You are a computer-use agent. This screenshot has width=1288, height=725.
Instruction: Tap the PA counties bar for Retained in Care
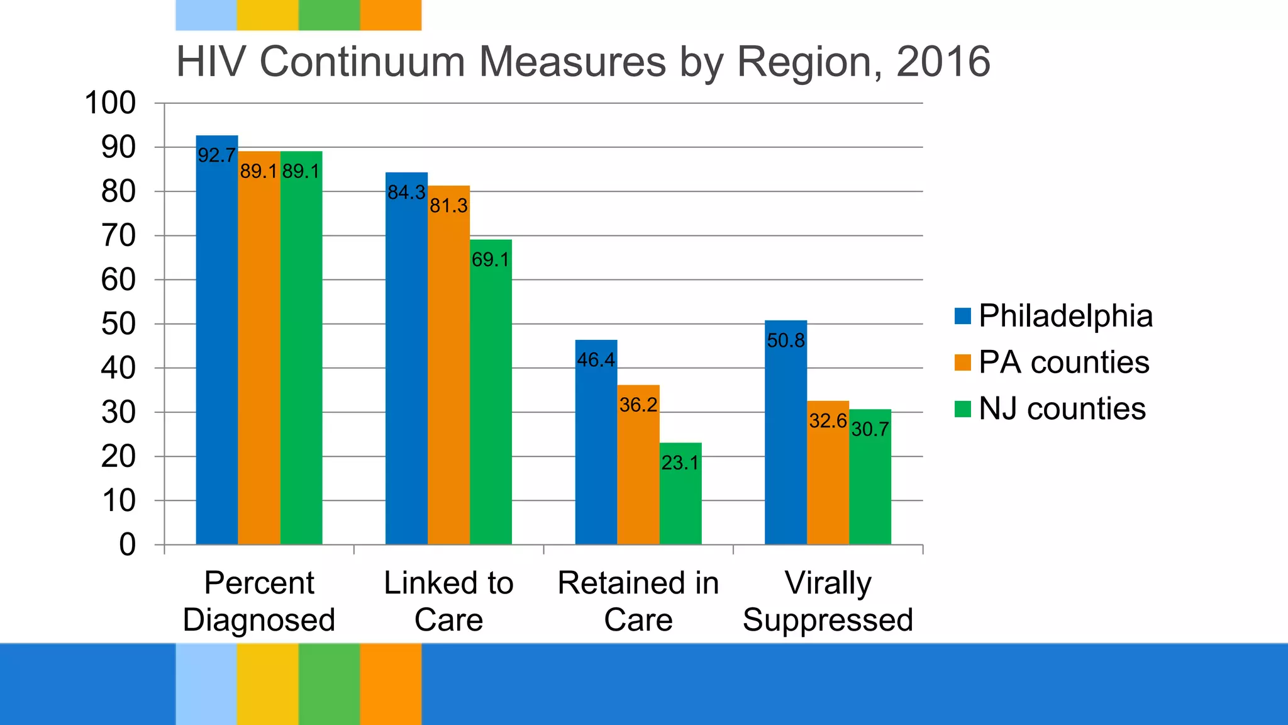click(x=638, y=472)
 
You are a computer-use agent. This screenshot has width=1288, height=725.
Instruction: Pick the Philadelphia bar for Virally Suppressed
click(x=786, y=441)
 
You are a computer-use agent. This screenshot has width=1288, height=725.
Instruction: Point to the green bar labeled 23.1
click(x=680, y=497)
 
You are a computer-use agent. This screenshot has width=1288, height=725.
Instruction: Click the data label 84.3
click(x=406, y=193)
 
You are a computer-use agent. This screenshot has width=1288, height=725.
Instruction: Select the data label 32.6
click(x=828, y=420)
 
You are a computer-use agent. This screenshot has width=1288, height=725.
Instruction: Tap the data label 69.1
click(x=491, y=259)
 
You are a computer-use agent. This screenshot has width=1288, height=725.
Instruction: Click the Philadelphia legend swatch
click(x=962, y=316)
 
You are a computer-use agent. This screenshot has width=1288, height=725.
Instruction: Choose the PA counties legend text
click(x=1064, y=362)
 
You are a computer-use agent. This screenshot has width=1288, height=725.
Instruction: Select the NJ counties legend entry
click(x=1062, y=409)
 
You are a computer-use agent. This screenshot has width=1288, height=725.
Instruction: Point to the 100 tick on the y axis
click(x=110, y=103)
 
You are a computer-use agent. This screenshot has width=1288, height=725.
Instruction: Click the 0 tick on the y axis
click(x=127, y=545)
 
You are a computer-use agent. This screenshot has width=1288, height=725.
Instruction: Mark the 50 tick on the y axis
click(x=118, y=324)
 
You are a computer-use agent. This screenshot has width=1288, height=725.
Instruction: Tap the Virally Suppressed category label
click(x=828, y=601)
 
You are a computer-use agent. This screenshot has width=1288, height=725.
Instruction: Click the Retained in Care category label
click(x=638, y=601)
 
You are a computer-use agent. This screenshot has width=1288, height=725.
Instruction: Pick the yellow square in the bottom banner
click(x=267, y=683)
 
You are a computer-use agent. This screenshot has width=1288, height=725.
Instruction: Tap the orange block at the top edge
click(x=391, y=15)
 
